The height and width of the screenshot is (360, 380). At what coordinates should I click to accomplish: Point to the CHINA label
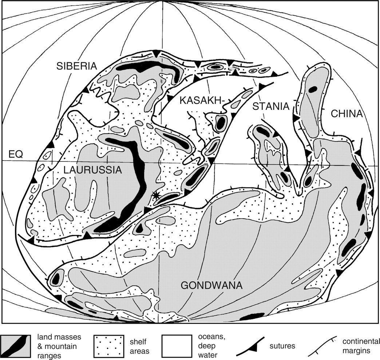tap(347, 114)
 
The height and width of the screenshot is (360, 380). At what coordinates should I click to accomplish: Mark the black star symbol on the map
tap(156, 195)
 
